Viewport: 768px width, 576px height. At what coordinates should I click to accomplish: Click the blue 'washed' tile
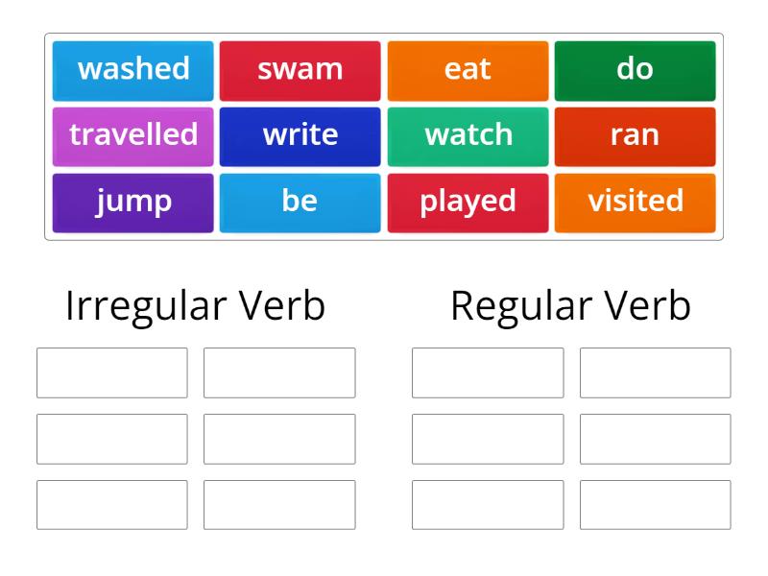coord(132,71)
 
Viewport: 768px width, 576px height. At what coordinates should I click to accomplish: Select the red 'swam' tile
coord(300,71)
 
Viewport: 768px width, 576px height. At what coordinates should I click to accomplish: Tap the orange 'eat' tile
coord(468,71)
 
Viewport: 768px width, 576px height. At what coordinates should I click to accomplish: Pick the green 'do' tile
coord(635,71)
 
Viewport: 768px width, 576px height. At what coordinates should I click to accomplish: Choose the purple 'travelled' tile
coord(132,136)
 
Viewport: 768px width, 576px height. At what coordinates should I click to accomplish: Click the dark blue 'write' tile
coord(300,136)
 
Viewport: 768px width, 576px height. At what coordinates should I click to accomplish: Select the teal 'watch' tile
coord(468,136)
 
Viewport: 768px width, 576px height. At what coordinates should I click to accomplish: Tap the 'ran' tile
coord(635,136)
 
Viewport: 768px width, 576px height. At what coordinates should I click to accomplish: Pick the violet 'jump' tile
coord(132,203)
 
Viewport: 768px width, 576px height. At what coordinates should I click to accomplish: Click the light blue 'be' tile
coord(300,203)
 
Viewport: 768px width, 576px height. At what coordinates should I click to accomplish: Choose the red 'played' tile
coord(468,203)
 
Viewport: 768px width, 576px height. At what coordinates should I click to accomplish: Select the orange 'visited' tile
coord(635,203)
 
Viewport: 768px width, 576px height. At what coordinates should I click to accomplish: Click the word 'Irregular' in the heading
coord(147,307)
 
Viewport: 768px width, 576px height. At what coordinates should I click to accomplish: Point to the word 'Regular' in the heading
coord(521,307)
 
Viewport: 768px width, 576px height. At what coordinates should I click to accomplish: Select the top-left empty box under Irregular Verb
coord(112,372)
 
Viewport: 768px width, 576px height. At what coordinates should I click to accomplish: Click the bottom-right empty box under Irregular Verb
coord(279,505)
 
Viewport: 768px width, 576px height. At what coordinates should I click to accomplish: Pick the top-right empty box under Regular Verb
coord(656,372)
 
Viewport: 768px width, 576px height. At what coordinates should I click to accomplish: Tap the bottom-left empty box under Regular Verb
coord(488,505)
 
